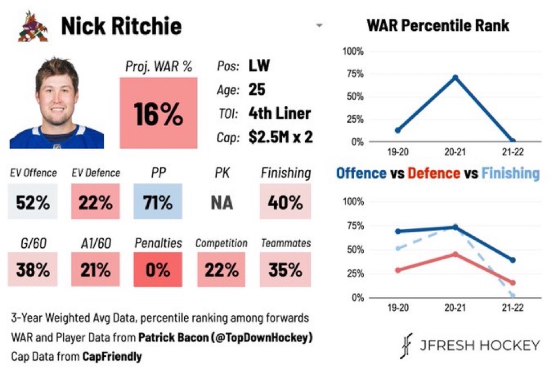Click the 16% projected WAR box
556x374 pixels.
(159, 113)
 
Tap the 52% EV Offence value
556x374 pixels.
(33, 203)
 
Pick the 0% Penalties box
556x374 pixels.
(158, 269)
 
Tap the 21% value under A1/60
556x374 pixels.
(95, 269)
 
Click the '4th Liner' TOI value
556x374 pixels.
(279, 113)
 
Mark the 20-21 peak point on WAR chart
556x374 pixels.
(454, 77)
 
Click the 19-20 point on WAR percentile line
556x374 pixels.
(397, 130)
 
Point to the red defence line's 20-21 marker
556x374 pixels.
(454, 254)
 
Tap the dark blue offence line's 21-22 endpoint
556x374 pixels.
(513, 260)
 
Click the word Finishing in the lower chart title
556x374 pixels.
(510, 172)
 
